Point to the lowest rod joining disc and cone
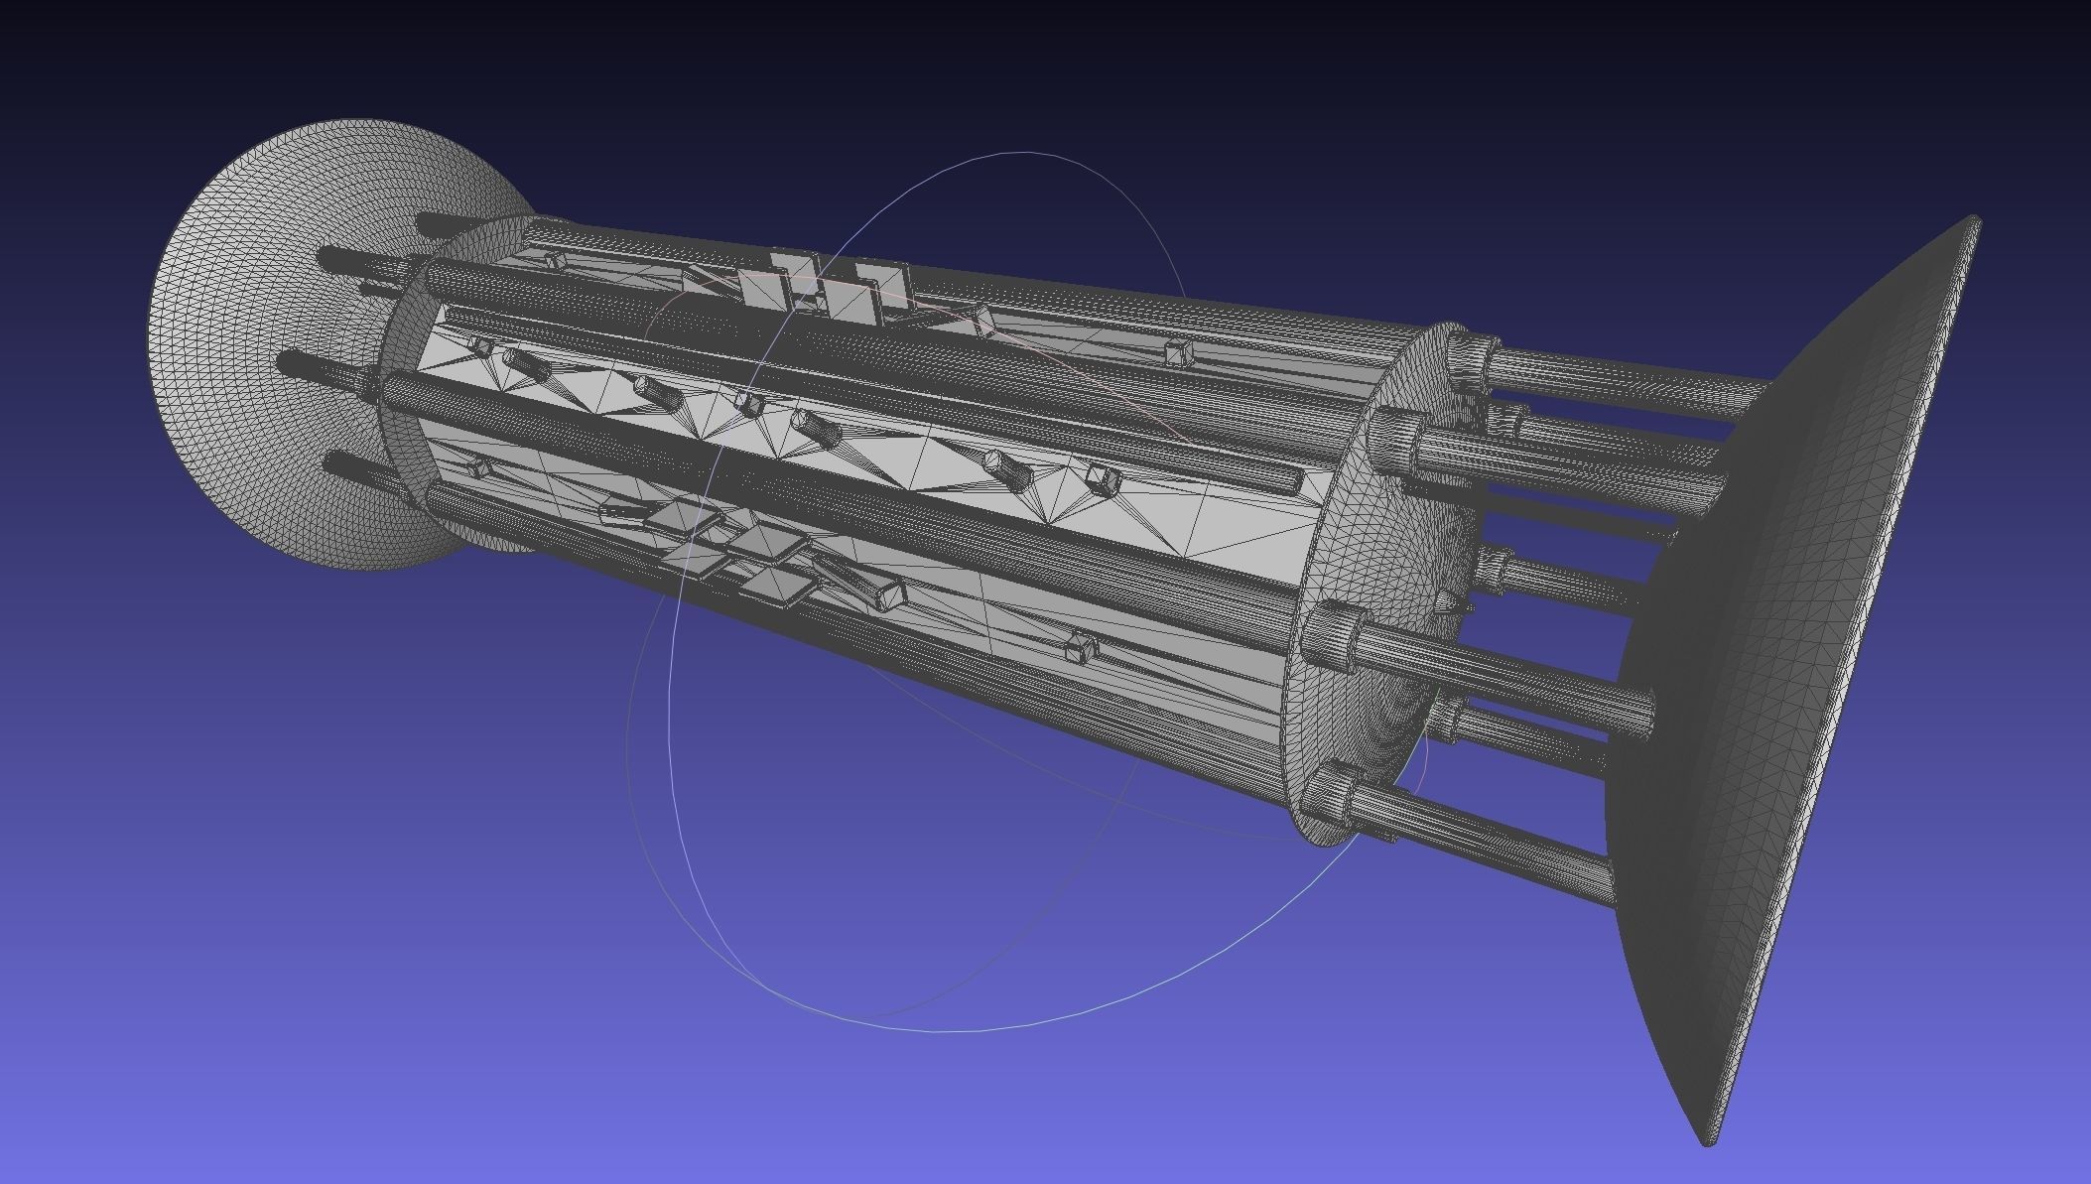tap(1489, 824)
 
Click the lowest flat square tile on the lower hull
tap(774, 585)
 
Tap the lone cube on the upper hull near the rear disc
tap(1177, 351)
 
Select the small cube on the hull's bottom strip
tap(1079, 650)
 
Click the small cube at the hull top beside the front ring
tap(554, 261)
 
